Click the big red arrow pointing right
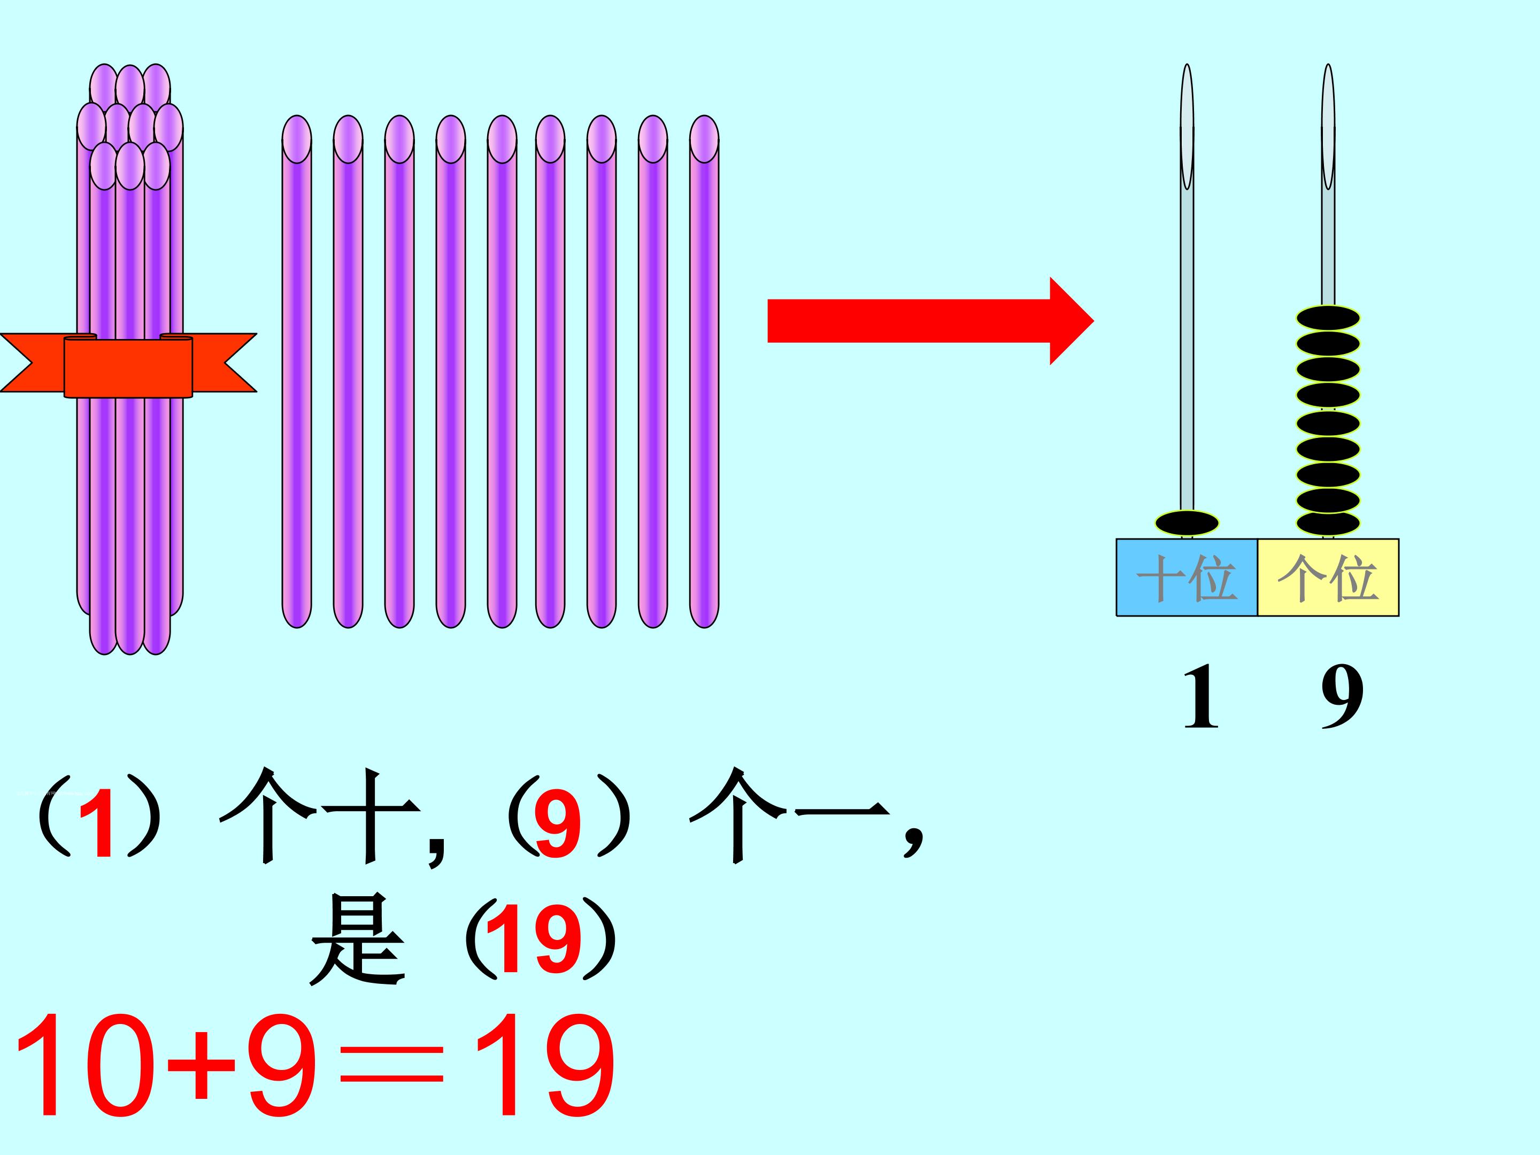(x=926, y=321)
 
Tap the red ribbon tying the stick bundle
(x=128, y=366)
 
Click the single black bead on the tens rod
(x=1187, y=523)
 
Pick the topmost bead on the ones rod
(x=1328, y=319)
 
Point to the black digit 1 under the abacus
(x=1200, y=696)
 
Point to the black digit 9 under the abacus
(x=1342, y=696)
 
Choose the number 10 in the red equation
(x=83, y=1065)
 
